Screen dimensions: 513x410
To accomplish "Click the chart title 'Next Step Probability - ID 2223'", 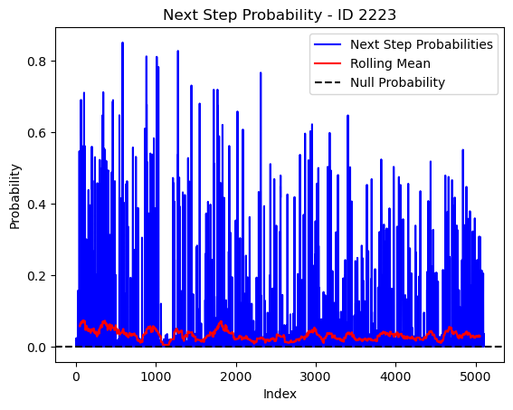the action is [x=280, y=15].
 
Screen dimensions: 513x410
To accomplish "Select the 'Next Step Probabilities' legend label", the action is [x=422, y=44].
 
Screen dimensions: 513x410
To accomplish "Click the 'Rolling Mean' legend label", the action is [x=390, y=63].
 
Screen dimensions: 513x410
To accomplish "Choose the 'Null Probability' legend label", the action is [x=397, y=82].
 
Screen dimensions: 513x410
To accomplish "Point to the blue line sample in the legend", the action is [x=328, y=44].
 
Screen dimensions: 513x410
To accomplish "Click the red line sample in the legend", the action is [x=328, y=63].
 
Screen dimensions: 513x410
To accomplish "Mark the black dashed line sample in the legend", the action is [x=328, y=82].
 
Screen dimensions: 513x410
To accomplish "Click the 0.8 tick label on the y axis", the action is [x=36, y=62].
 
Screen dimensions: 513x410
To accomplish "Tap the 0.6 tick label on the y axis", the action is [x=36, y=133].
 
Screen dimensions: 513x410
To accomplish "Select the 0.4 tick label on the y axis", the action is [x=36, y=205].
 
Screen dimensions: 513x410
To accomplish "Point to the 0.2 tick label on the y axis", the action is [x=36, y=275].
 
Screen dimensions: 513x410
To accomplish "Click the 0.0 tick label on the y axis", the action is [x=36, y=348].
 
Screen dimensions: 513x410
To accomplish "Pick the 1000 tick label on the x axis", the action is [x=156, y=377].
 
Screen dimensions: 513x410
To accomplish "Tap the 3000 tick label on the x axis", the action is [x=316, y=377].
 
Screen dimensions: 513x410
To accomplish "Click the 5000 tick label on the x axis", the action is [x=475, y=377].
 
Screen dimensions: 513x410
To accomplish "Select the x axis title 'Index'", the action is [x=280, y=394].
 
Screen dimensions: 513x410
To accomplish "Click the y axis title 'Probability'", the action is [x=14, y=196].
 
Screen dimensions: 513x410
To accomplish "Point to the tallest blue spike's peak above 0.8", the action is [x=122, y=43].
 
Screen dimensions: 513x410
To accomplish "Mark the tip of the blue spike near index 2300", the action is [x=261, y=72].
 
